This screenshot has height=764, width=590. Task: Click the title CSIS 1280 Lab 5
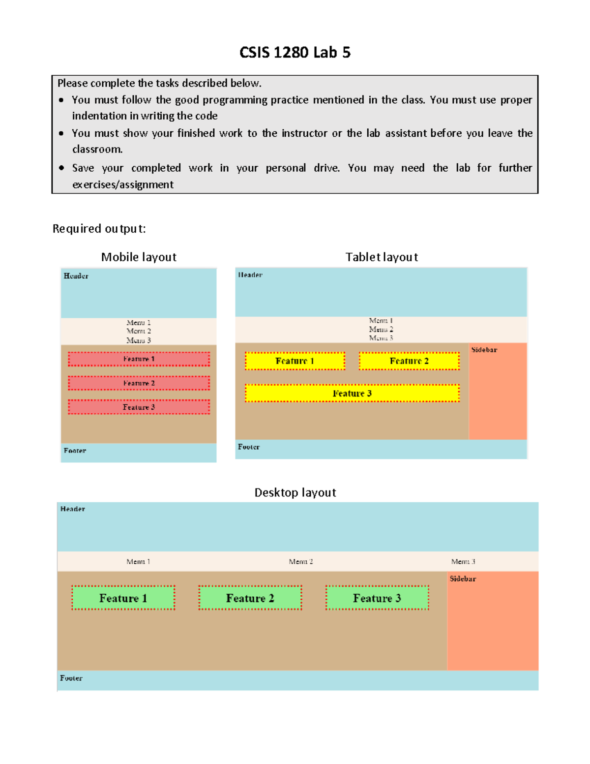coord(295,53)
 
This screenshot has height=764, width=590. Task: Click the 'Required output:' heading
coord(99,229)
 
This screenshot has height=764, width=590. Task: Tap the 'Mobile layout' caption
coord(139,257)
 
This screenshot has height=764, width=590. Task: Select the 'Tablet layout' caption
coord(382,257)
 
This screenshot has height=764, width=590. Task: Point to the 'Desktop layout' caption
coord(295,492)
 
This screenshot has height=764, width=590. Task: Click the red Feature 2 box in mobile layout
coord(139,383)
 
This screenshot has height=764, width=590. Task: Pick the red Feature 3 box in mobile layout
coord(139,407)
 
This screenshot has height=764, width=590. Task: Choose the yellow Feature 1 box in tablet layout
coord(295,361)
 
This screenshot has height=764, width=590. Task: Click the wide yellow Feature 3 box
coord(352,394)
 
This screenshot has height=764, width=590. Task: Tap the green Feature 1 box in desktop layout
coord(123,598)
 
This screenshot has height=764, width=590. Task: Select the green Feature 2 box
coord(250,598)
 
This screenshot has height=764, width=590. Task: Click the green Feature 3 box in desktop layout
coord(377,598)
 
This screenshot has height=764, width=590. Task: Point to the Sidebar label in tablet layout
coord(484,350)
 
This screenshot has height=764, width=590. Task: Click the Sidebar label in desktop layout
coord(463,579)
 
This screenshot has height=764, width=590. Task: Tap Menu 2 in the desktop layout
coord(301,561)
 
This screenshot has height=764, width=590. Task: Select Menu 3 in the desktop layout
coord(463,561)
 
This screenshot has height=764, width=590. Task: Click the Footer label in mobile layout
coord(75,451)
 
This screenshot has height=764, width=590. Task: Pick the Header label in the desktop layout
coord(73,509)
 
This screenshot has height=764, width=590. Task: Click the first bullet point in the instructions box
coord(61,100)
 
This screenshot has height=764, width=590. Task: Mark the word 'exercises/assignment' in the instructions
coord(123,184)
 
